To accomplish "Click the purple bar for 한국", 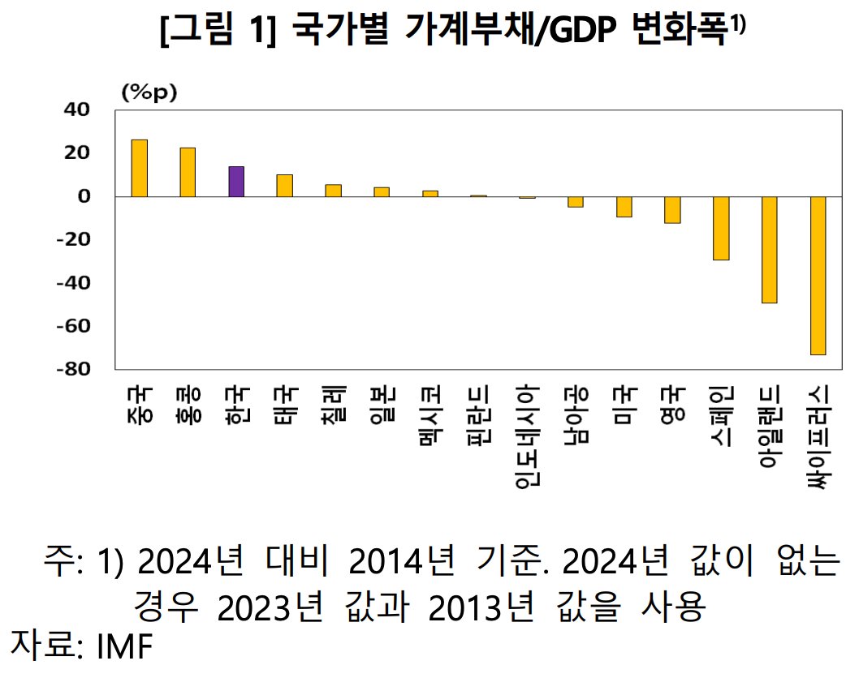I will pos(236,182).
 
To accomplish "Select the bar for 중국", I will pos(140,168).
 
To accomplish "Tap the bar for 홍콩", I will pos(188,172).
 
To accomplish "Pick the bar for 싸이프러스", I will pos(818,275).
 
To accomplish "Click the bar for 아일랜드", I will pos(769,250).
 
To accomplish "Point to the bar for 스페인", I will pos(721,228).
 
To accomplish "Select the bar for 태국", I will pos(284,186).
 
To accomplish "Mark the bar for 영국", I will pos(672,209).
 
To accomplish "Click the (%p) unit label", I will pos(149,92).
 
